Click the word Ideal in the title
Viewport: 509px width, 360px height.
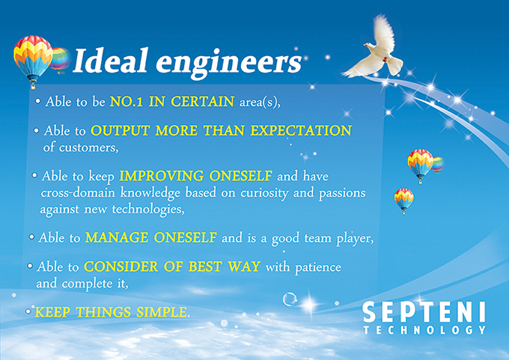pos(111,61)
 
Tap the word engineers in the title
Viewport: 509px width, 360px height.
pos(229,64)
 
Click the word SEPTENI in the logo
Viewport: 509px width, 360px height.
pos(424,312)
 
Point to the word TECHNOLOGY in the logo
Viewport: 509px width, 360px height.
pos(424,330)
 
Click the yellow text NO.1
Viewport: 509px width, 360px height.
pos(127,102)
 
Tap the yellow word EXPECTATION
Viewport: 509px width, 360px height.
pos(301,130)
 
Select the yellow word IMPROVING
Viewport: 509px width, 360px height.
pos(162,177)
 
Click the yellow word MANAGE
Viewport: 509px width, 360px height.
pos(117,237)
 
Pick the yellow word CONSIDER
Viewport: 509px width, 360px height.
pos(121,267)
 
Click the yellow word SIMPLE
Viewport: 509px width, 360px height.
pos(162,312)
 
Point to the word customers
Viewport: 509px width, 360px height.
pos(88,147)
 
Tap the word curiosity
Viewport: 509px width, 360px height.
pos(264,193)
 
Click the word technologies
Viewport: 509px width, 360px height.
pos(148,210)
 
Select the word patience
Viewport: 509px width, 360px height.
pos(318,267)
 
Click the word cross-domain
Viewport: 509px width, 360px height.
pos(78,193)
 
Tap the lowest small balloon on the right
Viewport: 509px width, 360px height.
pos(403,201)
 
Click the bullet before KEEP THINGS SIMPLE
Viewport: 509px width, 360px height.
pos(28,311)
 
